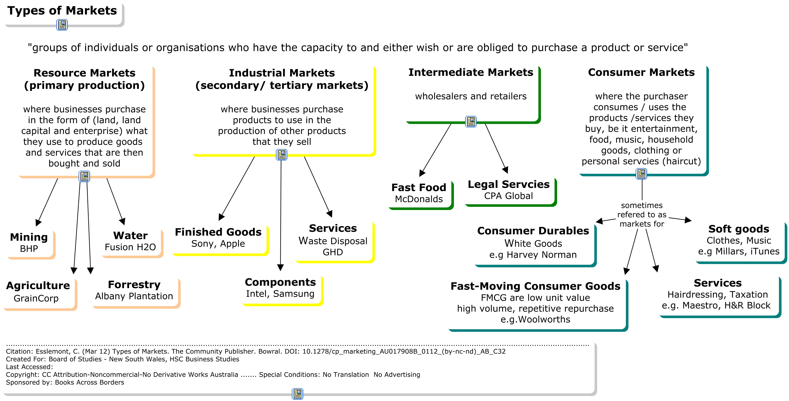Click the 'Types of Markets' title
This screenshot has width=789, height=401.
(x=62, y=11)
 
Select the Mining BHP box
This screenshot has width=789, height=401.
(x=29, y=242)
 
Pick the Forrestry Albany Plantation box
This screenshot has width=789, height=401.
(x=134, y=290)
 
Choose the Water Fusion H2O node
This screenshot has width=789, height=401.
(x=130, y=241)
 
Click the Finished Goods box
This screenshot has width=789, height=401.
(x=218, y=238)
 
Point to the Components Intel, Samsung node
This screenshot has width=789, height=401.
(x=280, y=288)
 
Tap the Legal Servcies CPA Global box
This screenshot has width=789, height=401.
(x=508, y=190)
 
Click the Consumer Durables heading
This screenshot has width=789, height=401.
(x=533, y=231)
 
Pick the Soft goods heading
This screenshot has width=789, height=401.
(x=739, y=229)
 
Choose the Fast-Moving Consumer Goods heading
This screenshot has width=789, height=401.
(x=535, y=286)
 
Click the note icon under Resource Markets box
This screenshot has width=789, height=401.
(x=84, y=176)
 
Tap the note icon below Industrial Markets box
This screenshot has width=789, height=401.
(x=281, y=155)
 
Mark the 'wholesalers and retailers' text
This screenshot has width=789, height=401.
(x=471, y=96)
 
